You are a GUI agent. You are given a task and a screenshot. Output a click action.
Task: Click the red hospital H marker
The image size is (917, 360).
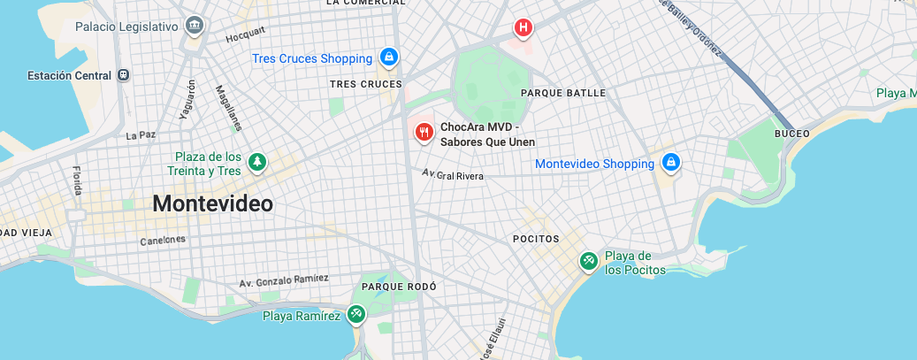pos(523,29)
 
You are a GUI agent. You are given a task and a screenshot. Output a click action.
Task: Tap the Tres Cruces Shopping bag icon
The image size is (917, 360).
pos(387,58)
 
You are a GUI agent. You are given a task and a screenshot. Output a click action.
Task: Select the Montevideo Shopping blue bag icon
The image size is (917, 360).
pos(670,164)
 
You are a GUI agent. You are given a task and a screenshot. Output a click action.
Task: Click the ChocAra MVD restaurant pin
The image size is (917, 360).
pos(424,133)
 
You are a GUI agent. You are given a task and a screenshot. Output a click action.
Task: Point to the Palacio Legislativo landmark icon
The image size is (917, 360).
pos(195,27)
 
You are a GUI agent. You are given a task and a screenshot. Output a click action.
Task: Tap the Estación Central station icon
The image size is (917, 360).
pos(123,75)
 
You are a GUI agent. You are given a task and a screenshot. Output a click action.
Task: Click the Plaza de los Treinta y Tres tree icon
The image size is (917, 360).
pos(256,162)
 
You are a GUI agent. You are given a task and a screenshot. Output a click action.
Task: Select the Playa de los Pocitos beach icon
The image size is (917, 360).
pos(588,261)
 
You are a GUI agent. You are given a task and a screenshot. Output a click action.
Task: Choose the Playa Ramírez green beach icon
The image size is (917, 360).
pos(355,314)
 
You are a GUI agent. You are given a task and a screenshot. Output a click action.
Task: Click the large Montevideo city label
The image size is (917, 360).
pos(212,203)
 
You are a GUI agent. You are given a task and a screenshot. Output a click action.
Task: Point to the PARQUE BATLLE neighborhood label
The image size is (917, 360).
pos(563,92)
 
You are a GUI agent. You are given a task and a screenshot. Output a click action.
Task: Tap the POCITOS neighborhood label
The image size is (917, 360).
pos(536,239)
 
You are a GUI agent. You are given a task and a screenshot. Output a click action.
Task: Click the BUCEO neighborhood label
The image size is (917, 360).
pos(791,134)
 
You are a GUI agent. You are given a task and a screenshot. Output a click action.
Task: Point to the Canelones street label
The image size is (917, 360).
pos(163,241)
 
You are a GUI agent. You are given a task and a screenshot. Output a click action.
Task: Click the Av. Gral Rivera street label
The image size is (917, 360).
pos(453,176)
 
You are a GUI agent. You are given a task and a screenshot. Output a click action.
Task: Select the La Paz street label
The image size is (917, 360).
pos(140,135)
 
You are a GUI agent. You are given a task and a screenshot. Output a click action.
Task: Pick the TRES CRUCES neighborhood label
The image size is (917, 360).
pos(365,84)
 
